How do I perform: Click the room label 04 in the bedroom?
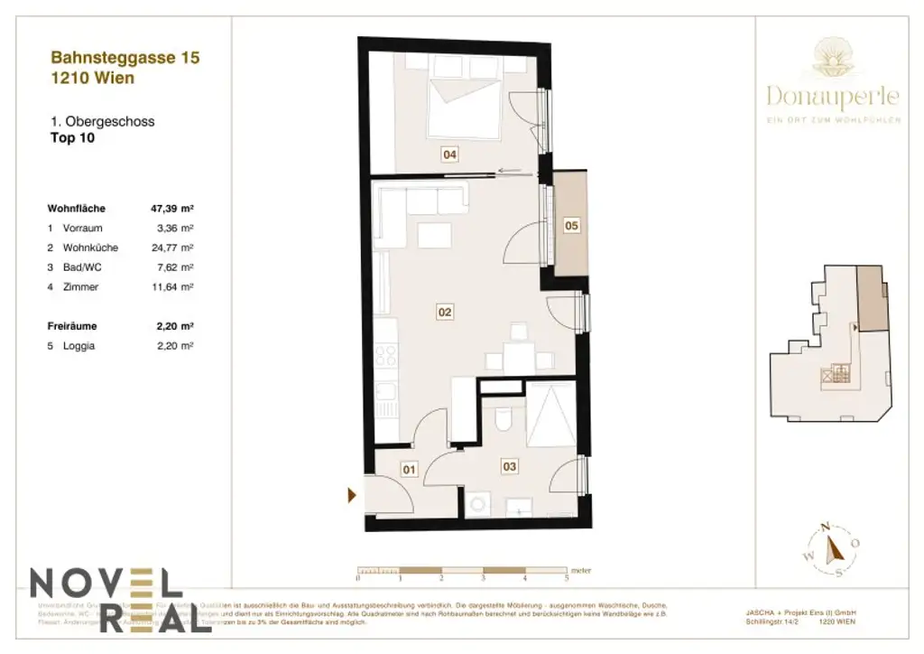pos(449,154)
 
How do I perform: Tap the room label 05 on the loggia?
pos(571,226)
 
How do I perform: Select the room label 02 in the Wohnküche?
pos(445,313)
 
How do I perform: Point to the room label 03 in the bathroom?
pos(510,466)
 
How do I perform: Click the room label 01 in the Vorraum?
pos(410,470)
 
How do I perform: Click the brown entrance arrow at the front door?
pos(353,494)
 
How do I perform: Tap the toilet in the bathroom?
pos(504,420)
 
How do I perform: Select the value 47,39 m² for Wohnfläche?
pos(172,208)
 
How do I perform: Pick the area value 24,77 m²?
pos(176,248)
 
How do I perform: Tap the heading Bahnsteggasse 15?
pos(125,58)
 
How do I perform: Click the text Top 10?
pos(72,138)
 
